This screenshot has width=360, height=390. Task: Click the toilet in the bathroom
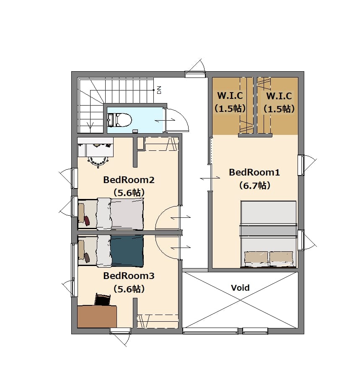(x=120, y=120)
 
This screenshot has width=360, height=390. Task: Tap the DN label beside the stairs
(x=159, y=90)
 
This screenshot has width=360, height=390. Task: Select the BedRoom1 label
(x=254, y=172)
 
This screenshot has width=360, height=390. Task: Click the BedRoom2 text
(x=129, y=180)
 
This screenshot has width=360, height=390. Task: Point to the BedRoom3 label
(x=129, y=276)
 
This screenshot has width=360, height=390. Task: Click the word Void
(x=240, y=288)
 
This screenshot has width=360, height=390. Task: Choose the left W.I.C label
(x=230, y=96)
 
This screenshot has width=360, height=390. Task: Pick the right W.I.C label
(x=279, y=96)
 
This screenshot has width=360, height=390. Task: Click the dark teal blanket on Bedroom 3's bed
(x=127, y=251)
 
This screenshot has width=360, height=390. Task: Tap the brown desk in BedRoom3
(x=97, y=316)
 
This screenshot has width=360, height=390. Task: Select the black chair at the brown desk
(x=103, y=300)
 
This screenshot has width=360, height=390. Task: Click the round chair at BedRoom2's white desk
(x=98, y=161)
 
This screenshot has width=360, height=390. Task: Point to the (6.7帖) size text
(x=254, y=186)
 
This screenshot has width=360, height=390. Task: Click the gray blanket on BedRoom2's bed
(x=127, y=214)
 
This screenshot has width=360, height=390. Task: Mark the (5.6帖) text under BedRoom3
(x=129, y=289)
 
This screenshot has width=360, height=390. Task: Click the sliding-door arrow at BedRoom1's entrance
(x=210, y=178)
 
